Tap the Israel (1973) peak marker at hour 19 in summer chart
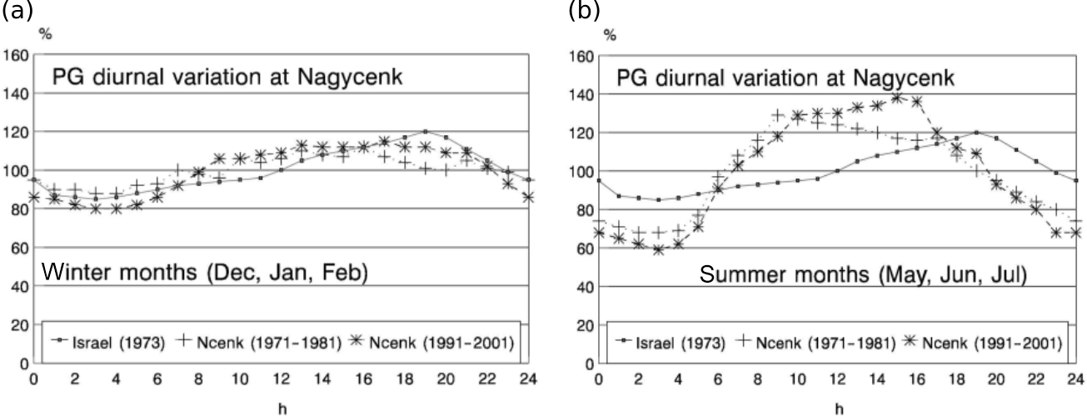point(976,132)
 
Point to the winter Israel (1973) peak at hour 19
point(425,132)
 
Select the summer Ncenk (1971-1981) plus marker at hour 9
point(778,116)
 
